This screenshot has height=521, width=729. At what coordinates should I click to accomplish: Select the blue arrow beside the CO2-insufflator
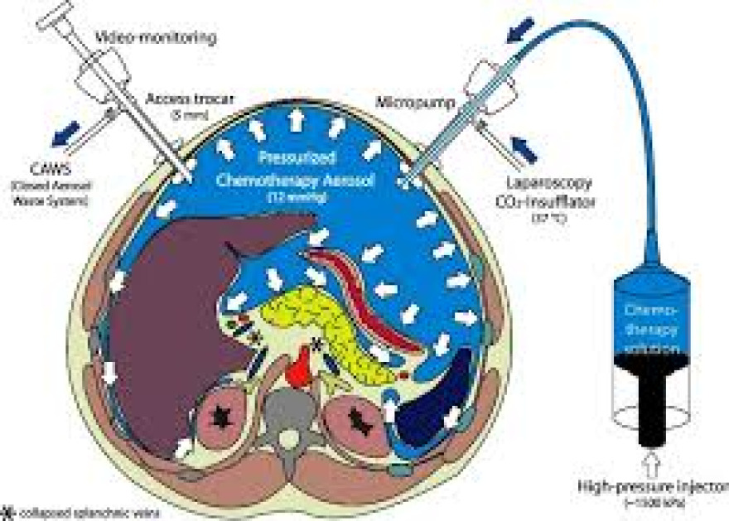point(523,148)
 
